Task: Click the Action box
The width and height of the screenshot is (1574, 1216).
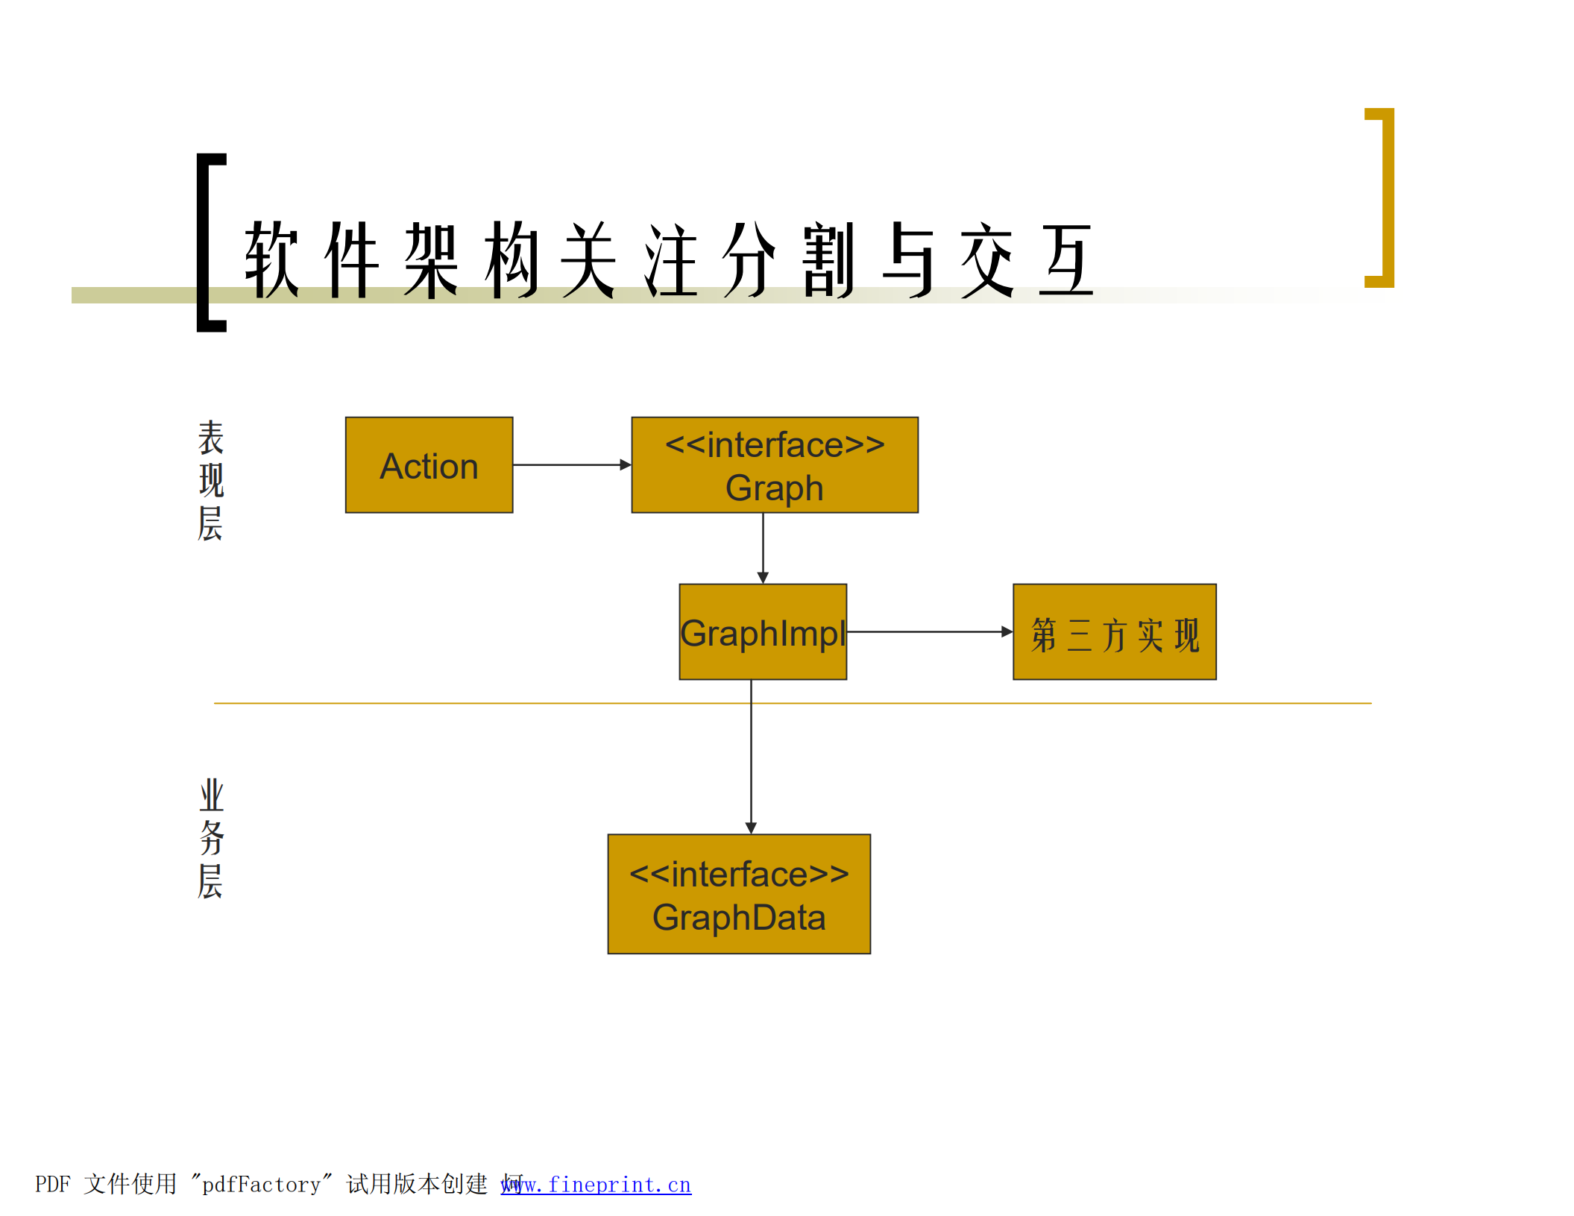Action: coord(429,465)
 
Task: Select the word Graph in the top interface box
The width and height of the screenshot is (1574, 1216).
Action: coord(774,488)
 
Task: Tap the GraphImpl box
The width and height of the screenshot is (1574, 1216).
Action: coord(762,632)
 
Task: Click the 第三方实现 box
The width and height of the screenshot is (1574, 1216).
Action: coord(1114,632)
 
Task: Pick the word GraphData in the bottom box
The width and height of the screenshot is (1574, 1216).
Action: coord(738,917)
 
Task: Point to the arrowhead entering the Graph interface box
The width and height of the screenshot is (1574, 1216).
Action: coord(626,464)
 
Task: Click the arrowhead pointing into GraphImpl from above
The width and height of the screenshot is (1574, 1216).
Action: coord(762,578)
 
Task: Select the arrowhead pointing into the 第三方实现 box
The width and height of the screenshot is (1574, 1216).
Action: coord(1007,631)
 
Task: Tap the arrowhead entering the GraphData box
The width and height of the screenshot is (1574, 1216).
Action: coord(751,828)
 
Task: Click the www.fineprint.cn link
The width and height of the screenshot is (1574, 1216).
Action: coord(596,1184)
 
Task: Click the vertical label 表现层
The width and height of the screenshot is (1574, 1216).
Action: coord(210,479)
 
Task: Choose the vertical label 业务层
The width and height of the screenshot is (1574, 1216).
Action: coord(210,838)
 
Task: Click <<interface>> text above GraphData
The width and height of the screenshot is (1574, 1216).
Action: coord(738,874)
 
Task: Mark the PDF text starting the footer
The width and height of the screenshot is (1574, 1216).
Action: coord(52,1184)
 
